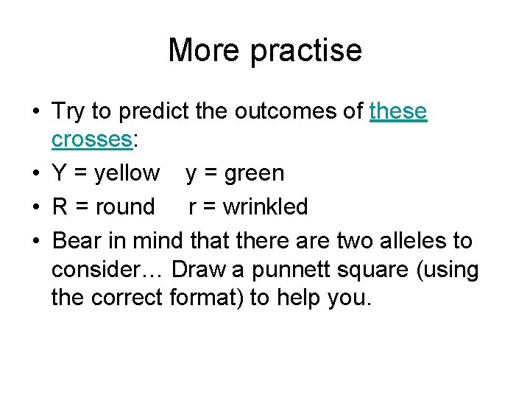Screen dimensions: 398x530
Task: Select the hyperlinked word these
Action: point(398,111)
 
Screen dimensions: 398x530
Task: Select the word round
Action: point(126,207)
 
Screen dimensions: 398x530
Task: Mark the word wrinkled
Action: point(266,207)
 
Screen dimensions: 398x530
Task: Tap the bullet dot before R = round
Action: point(35,208)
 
